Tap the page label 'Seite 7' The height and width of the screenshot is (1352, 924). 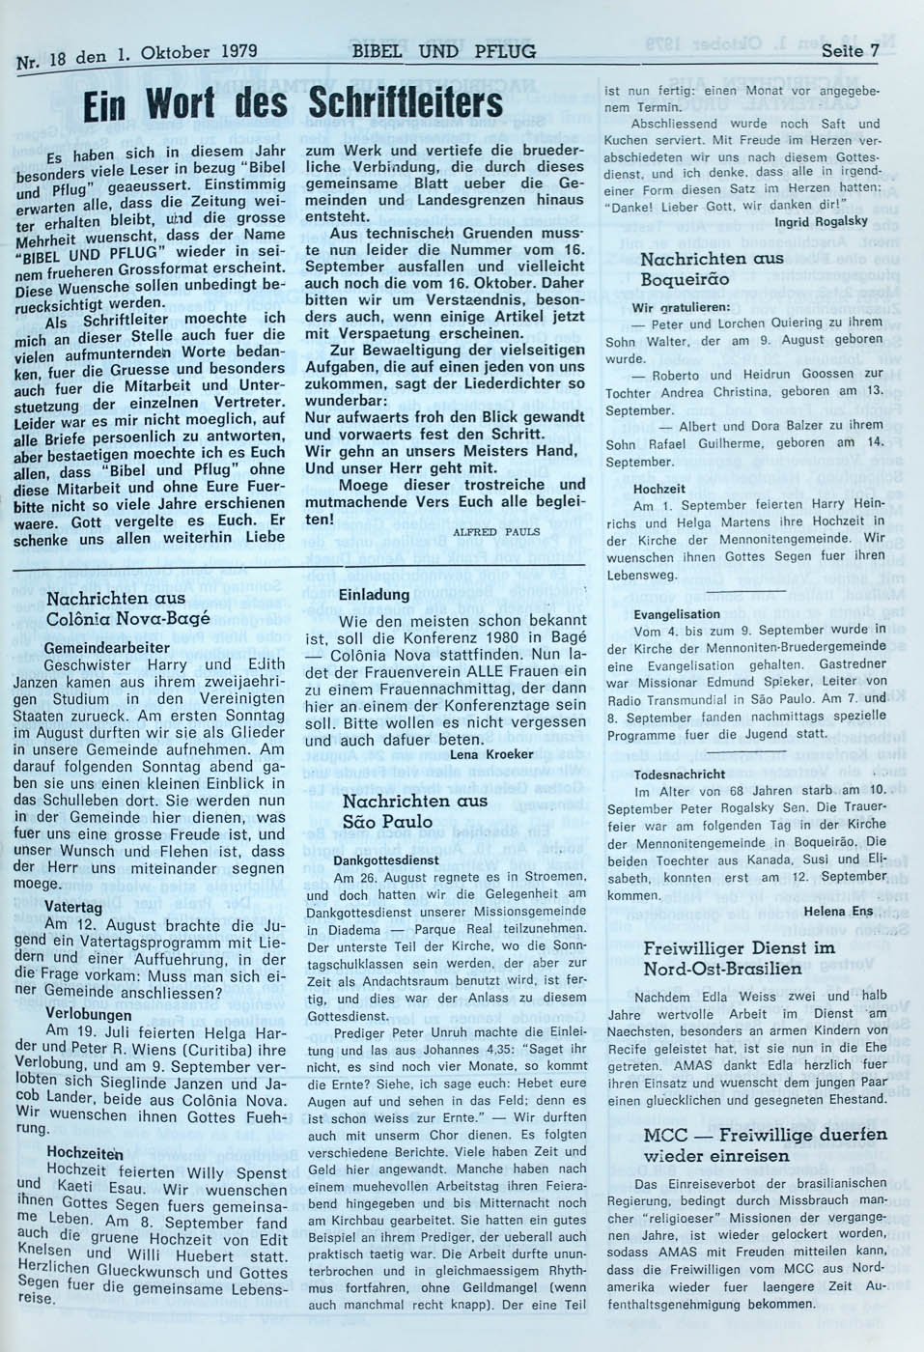coord(849,51)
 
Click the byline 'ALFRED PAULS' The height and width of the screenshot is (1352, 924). coord(496,531)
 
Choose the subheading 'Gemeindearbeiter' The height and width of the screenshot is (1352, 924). coord(107,647)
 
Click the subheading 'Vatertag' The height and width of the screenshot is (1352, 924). coord(74,909)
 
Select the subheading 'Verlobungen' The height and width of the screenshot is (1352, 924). coord(89,1014)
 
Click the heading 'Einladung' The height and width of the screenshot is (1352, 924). coord(374,595)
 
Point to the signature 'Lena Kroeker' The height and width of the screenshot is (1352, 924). coord(491,753)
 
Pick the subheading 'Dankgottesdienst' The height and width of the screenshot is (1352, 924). coord(386,859)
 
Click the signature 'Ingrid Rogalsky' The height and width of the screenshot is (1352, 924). coord(822,221)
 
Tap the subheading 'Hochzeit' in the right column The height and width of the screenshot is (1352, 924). coord(660,489)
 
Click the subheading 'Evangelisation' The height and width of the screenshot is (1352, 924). coord(677,614)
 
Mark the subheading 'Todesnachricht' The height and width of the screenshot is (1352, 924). coord(680,775)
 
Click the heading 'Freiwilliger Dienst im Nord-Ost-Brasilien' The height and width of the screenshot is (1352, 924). coord(739,958)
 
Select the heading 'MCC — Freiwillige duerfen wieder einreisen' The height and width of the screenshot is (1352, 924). coord(765,1144)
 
